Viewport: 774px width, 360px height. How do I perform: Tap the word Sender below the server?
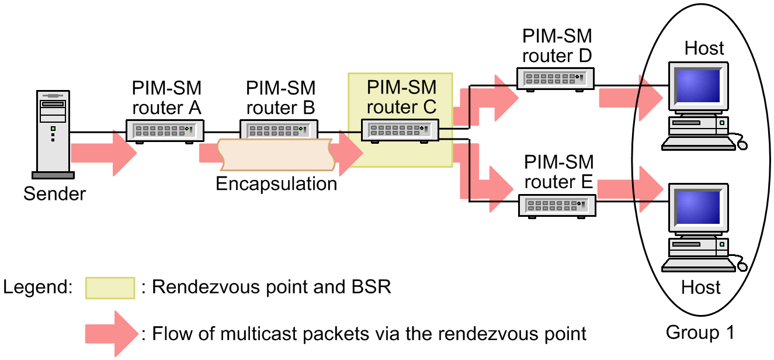[54, 193]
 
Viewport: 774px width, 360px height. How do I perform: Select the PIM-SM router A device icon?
[165, 131]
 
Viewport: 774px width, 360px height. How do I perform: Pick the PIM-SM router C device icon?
[400, 130]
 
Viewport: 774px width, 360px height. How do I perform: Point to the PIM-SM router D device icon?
[556, 78]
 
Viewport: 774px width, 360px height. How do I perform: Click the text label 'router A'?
[166, 108]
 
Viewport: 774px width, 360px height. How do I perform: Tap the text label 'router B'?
[280, 108]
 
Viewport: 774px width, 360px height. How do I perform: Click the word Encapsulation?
[276, 184]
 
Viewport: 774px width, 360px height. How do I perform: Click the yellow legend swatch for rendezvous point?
[110, 288]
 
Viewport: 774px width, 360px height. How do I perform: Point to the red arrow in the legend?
[112, 334]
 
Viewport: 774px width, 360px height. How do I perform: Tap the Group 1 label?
[700, 333]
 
